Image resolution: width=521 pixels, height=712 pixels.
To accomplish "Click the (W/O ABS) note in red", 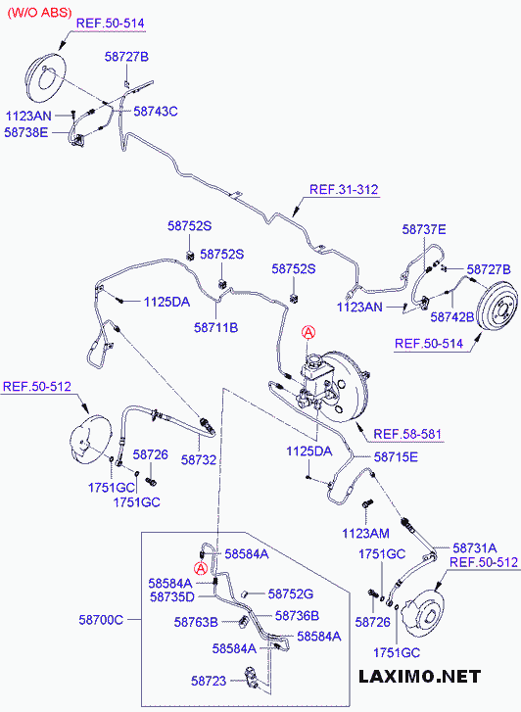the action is [x=39, y=13].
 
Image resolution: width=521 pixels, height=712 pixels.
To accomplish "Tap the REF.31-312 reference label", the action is [x=344, y=189].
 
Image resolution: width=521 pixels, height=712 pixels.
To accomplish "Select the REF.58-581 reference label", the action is [x=407, y=434].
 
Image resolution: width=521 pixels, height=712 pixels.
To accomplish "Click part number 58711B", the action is [x=215, y=327].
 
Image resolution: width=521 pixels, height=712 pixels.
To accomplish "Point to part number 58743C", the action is [x=156, y=112].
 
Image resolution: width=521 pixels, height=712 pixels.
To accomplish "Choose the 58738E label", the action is [x=25, y=132].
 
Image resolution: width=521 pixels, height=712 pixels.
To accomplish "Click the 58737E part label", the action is [x=424, y=230].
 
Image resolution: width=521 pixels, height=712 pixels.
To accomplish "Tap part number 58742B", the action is [x=451, y=316].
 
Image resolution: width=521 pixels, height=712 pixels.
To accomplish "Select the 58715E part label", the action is [x=396, y=457].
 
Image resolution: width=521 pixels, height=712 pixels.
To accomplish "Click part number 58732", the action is [x=199, y=460].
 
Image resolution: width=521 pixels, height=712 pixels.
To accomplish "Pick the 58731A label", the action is [x=475, y=548].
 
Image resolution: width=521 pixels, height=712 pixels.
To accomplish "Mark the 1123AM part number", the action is [x=365, y=533].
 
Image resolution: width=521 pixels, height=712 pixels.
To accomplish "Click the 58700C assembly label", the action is [x=101, y=620].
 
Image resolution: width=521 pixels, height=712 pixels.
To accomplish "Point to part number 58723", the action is [x=209, y=681].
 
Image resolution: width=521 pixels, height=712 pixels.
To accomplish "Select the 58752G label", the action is [x=291, y=593].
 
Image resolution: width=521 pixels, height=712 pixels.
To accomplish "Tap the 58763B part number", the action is [x=196, y=622].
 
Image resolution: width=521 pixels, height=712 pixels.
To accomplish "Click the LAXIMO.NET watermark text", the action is [x=419, y=676].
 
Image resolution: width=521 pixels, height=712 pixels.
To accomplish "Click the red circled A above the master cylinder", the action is [x=308, y=333].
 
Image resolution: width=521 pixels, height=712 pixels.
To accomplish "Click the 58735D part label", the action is [x=171, y=596].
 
